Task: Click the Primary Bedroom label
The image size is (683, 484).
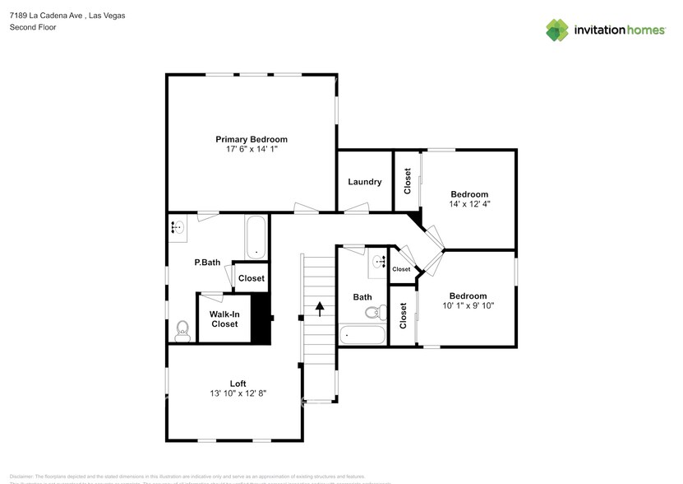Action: [252, 139]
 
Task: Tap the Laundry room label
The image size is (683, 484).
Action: [364, 182]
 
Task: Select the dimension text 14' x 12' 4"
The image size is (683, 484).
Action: [469, 203]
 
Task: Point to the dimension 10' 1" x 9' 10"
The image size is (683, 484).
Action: [468, 305]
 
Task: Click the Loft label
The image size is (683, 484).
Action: [238, 384]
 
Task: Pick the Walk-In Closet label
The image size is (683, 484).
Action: [224, 319]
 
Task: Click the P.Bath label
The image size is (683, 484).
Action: [207, 263]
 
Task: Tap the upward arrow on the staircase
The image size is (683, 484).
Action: [320, 308]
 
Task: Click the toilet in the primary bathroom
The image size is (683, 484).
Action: [182, 331]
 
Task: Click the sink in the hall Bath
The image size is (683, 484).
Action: [379, 262]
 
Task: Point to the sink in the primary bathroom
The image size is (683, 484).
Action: [178, 227]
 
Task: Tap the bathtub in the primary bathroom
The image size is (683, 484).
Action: [256, 237]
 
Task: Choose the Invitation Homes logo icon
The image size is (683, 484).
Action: [557, 30]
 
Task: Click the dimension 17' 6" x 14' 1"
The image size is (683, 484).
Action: [252, 150]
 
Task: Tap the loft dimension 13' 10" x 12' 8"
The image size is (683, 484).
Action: [238, 394]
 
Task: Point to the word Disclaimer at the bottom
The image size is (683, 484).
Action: [21, 476]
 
